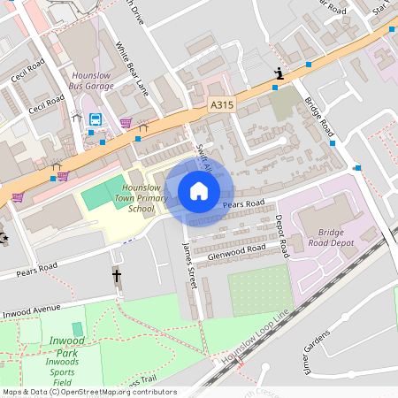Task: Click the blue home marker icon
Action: click(199, 190)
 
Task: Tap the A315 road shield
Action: click(222, 104)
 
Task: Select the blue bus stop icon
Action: click(95, 119)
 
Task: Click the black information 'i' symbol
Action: click(279, 74)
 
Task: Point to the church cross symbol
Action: click(116, 276)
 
